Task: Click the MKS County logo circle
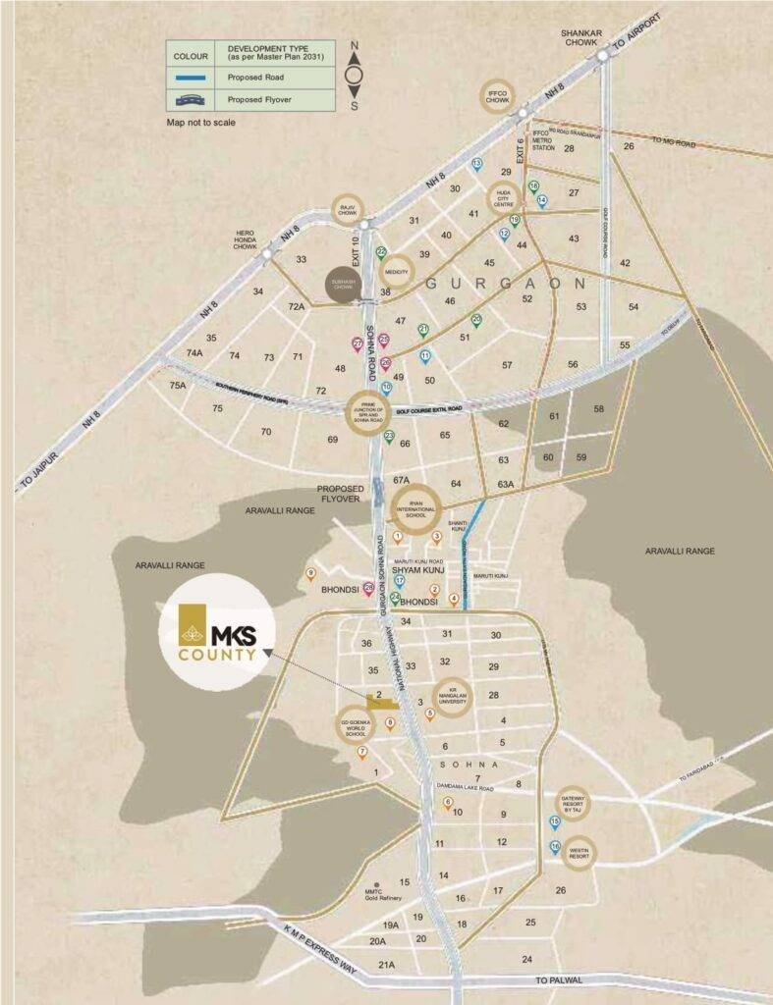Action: (x=217, y=633)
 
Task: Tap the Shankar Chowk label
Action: (x=580, y=38)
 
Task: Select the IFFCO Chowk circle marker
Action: (x=497, y=95)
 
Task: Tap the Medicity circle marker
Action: (x=397, y=271)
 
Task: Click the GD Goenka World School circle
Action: (x=355, y=727)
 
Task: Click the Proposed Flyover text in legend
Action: (x=263, y=99)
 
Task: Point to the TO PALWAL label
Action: (x=560, y=980)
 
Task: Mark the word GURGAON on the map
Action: (x=505, y=283)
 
